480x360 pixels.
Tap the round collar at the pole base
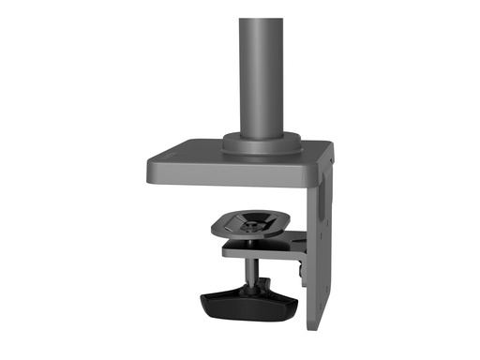pyautogui.click(x=262, y=142)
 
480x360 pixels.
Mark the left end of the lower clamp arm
pyautogui.click(x=225, y=250)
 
